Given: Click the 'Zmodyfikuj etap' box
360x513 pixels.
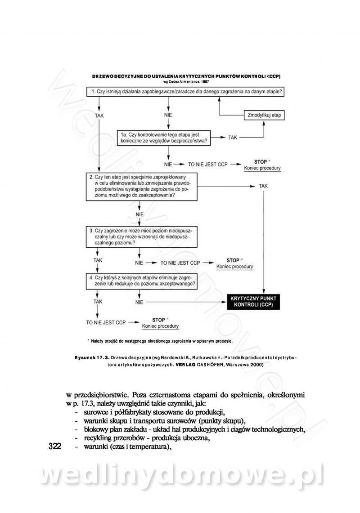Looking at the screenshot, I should pyautogui.click(x=264, y=116).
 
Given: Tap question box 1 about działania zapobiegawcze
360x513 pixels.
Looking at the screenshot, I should pyautogui.click(x=186, y=92).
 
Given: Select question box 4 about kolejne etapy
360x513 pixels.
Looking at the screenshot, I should pyautogui.click(x=142, y=281).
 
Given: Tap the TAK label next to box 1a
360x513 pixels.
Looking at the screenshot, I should pyautogui.click(x=232, y=138).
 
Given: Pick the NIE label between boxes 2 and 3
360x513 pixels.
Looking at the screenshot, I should pyautogui.click(x=139, y=214).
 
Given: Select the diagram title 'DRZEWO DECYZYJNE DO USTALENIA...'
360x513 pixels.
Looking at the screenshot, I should pyautogui.click(x=186, y=76).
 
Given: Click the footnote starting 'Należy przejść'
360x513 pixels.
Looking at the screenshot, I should pyautogui.click(x=162, y=341).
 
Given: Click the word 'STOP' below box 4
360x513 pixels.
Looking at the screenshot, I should pyautogui.click(x=159, y=320).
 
